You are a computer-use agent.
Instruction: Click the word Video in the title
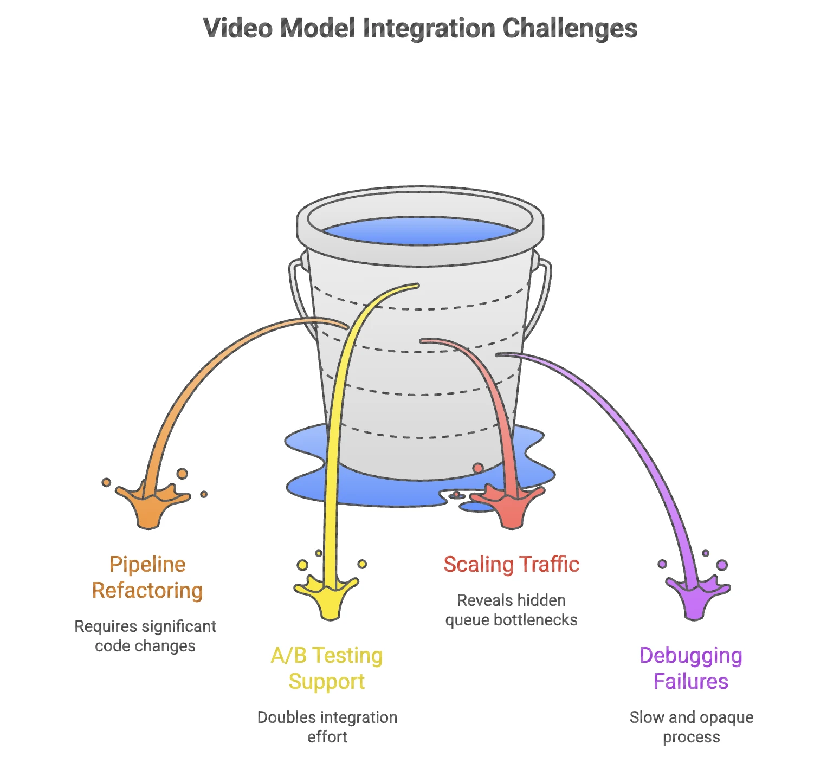[x=237, y=29]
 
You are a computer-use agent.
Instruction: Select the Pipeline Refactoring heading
[x=147, y=577]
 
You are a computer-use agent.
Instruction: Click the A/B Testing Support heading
[x=327, y=668]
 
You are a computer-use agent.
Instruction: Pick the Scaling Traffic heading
[x=511, y=565]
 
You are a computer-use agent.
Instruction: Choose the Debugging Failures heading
[x=690, y=668]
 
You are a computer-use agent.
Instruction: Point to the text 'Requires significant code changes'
[x=145, y=636]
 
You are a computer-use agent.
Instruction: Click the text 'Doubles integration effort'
[x=327, y=727]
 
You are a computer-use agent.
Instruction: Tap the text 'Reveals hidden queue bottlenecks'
[x=511, y=610]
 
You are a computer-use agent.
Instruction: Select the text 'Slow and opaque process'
[x=691, y=727]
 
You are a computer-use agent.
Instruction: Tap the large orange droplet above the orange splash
[x=182, y=474]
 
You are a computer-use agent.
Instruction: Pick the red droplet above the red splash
[x=477, y=468]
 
